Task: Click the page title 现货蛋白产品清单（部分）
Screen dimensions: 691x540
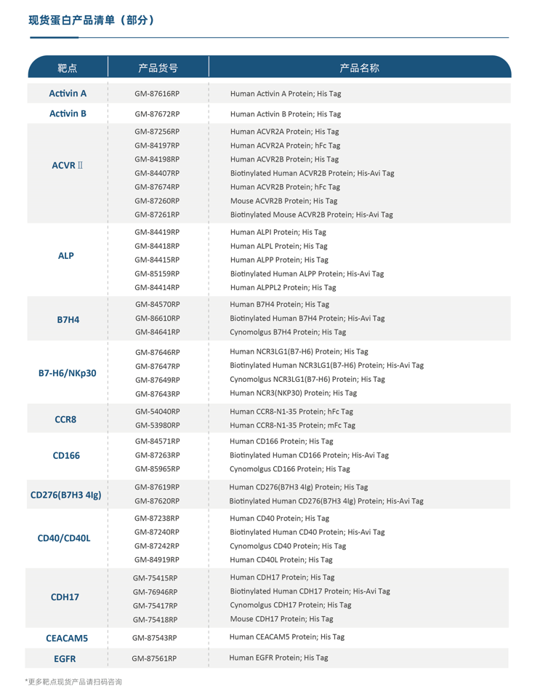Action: [92, 20]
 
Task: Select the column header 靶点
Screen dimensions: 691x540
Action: [68, 68]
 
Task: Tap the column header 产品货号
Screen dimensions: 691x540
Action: [158, 68]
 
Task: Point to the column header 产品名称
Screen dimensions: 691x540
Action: [359, 68]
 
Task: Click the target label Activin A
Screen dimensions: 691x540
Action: [68, 94]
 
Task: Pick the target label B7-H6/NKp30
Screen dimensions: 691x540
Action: [67, 373]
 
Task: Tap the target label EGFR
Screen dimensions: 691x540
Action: [65, 659]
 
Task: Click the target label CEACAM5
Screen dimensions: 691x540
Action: [67, 638]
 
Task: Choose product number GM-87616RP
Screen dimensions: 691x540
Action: [157, 95]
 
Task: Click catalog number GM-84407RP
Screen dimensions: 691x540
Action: [157, 173]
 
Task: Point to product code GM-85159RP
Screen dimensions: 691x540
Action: [157, 274]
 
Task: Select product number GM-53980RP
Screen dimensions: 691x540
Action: [157, 426]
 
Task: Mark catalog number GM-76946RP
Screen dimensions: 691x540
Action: [155, 592]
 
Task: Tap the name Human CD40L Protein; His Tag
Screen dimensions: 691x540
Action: [281, 560]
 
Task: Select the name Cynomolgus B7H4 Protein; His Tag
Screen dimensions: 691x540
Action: [288, 332]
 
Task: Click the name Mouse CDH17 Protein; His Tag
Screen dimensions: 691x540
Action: [281, 619]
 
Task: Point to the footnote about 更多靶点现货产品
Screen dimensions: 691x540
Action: [73, 682]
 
